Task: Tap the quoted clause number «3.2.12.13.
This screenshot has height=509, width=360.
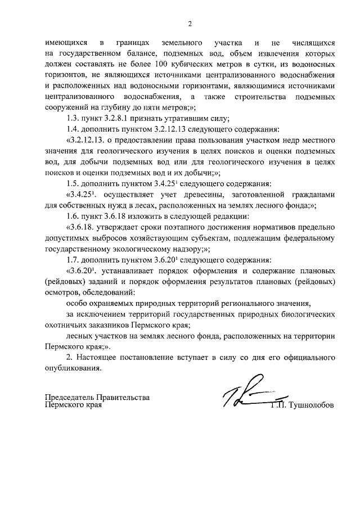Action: coord(87,139)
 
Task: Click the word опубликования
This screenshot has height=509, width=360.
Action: coord(74,368)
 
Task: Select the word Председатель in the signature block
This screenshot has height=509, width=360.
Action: coord(71,398)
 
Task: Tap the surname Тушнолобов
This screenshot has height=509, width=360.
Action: coord(310,405)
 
